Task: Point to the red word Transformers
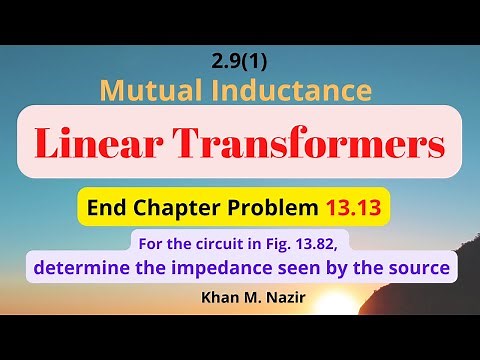coord(317,146)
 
